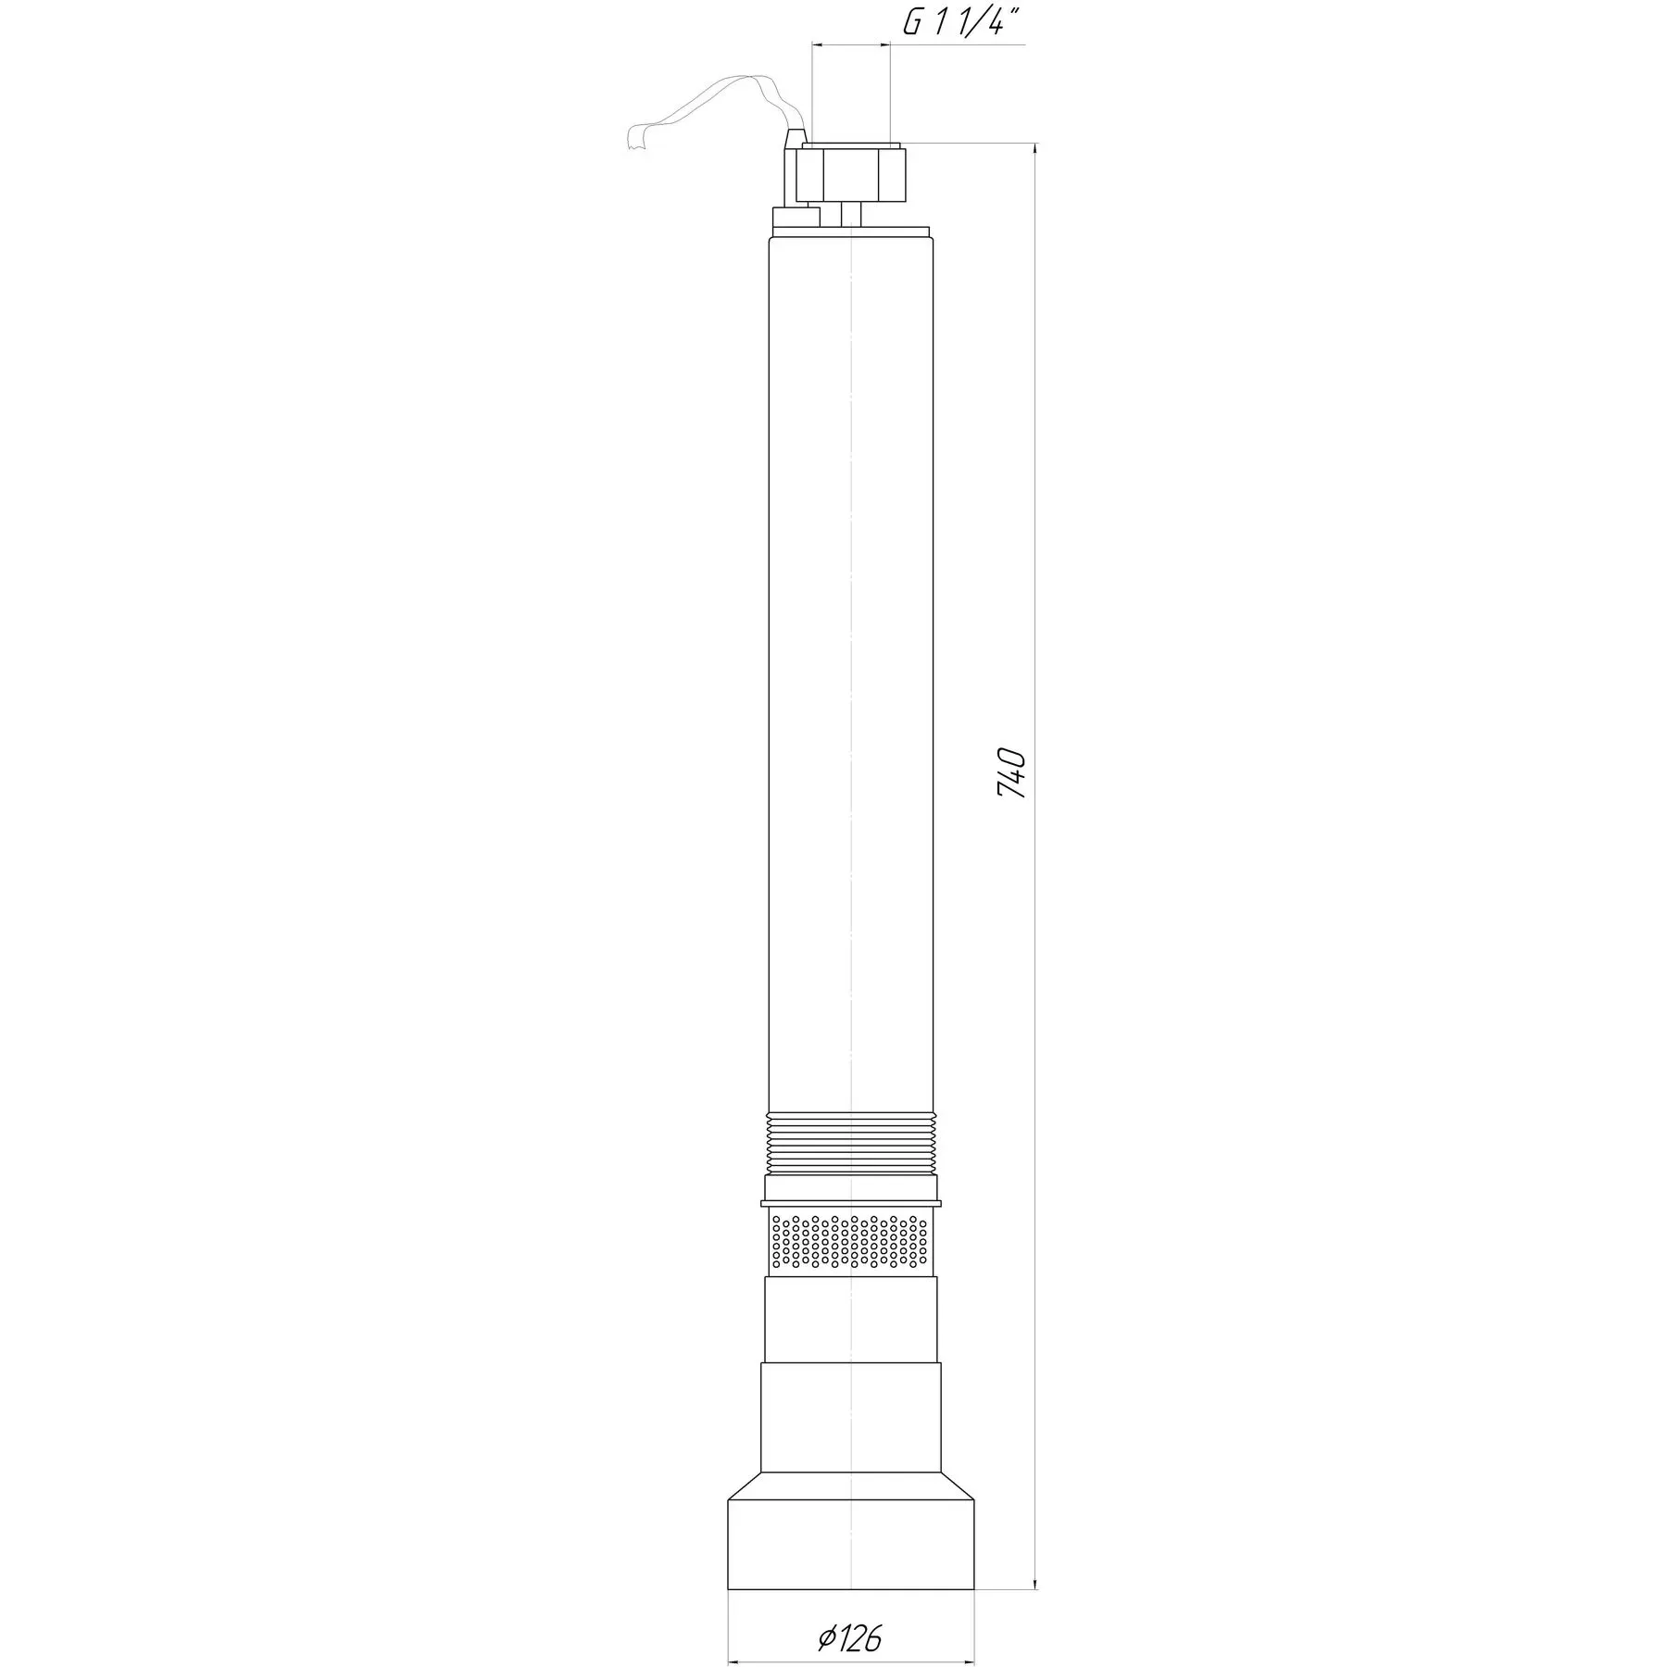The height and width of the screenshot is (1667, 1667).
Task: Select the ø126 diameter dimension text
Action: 850,1612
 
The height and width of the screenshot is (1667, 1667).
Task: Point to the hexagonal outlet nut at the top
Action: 850,173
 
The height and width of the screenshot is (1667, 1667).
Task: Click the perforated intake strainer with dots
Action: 850,1242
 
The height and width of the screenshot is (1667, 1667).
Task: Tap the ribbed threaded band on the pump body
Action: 850,1143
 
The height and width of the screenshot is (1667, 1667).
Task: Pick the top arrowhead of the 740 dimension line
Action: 1034,152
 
